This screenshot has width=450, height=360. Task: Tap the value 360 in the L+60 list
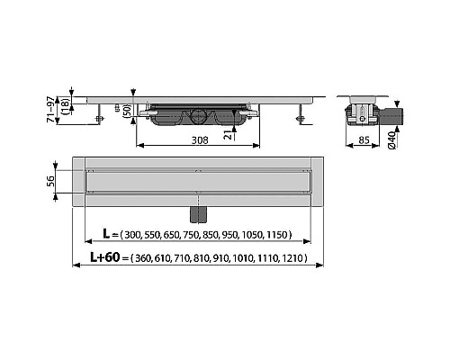[x=139, y=258]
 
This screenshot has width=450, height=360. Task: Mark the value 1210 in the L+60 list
[x=291, y=258]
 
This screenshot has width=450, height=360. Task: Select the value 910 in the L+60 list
[x=221, y=258]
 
